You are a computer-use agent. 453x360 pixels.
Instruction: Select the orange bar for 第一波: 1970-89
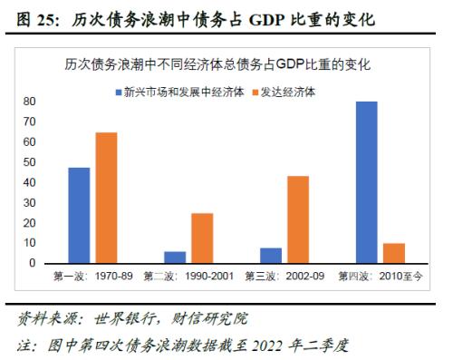coord(107,198)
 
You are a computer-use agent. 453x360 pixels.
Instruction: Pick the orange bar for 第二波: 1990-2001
coord(203,238)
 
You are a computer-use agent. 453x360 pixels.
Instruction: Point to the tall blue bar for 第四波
coord(366,182)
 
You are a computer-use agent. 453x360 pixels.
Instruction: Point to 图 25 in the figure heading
coord(39,19)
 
